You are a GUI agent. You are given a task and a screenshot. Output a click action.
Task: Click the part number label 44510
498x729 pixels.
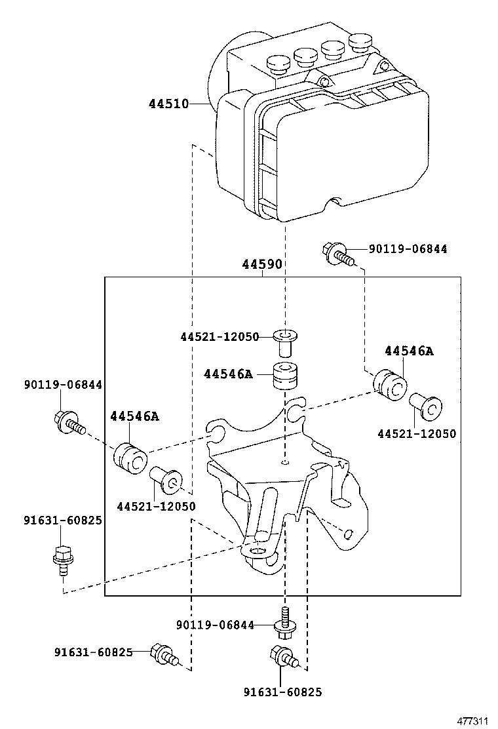click(168, 104)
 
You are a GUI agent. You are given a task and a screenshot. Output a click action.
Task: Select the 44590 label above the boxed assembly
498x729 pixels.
click(261, 265)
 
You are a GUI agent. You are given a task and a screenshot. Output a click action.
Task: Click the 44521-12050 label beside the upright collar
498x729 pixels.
click(220, 336)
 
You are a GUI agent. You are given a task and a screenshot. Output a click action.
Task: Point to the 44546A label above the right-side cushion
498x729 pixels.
click(409, 351)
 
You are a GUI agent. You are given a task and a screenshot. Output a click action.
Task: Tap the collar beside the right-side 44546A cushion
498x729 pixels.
click(425, 406)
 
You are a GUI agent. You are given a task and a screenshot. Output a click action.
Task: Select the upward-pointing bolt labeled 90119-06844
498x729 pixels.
click(285, 623)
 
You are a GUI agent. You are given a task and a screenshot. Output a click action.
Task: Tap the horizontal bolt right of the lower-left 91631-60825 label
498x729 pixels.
click(163, 654)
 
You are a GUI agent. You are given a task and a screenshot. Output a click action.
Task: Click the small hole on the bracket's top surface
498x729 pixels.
click(285, 463)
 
